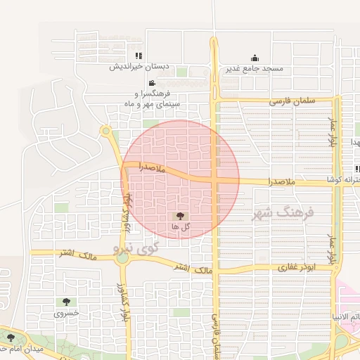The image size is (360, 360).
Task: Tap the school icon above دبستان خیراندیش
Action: tap(139, 56)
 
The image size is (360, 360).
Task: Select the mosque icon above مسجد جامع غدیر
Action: tap(254, 58)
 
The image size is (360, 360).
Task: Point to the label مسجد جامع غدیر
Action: tap(254, 68)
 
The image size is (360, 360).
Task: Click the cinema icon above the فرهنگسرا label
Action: tap(142, 83)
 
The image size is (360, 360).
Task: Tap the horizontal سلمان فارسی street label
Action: tap(292, 101)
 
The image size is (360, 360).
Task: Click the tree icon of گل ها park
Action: tap(179, 216)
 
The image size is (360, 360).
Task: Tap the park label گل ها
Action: tap(179, 227)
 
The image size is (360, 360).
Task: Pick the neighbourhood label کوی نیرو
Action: tap(136, 247)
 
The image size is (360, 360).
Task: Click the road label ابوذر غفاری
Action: tap(296, 267)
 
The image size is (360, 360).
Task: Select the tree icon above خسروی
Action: tap(67, 302)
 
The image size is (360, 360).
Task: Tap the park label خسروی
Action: tap(67, 313)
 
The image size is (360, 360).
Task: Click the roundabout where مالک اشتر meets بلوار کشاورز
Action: tap(123, 258)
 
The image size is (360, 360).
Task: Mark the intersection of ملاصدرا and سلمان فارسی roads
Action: tap(214, 180)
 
